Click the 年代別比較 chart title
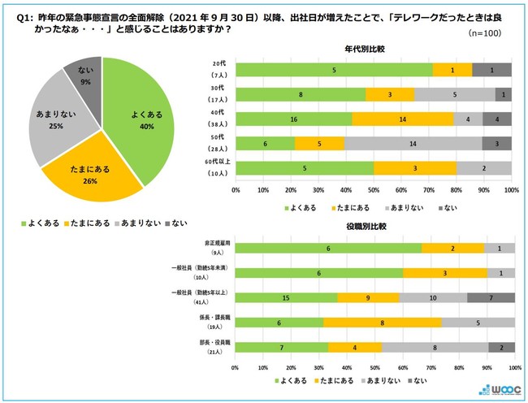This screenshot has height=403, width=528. coord(372,50)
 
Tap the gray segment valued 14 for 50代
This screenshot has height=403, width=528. coord(413,143)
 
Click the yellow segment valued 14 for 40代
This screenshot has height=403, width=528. coord(403,119)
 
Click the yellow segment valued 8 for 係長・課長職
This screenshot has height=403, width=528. coord(382,322)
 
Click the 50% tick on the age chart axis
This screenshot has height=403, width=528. coord(374,191)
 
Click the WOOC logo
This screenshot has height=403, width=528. coord(496,388)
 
